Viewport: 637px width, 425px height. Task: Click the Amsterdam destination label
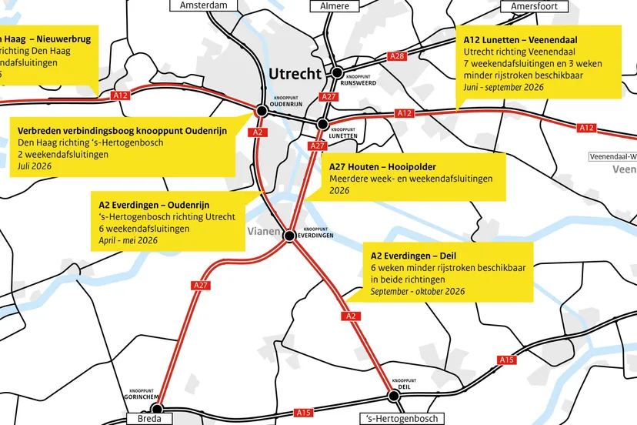(x=203, y=5)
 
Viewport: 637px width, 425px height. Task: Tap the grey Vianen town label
(x=263, y=231)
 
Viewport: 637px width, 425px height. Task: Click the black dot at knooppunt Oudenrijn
(x=261, y=111)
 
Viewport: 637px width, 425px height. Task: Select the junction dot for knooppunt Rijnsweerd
(x=336, y=72)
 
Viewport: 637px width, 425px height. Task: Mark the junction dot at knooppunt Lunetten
(x=323, y=124)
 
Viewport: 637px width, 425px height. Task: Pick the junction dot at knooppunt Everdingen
(x=290, y=236)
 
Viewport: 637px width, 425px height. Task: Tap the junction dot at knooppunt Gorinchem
(x=157, y=409)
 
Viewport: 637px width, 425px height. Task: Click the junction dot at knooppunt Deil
(x=394, y=396)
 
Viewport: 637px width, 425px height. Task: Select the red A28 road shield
(x=397, y=56)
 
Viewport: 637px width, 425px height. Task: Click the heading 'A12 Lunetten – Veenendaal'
(x=521, y=39)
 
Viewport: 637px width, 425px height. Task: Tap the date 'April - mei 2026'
(x=128, y=240)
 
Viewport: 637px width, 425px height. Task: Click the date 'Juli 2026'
(x=36, y=166)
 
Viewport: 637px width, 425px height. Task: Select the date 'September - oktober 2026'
(x=417, y=292)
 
